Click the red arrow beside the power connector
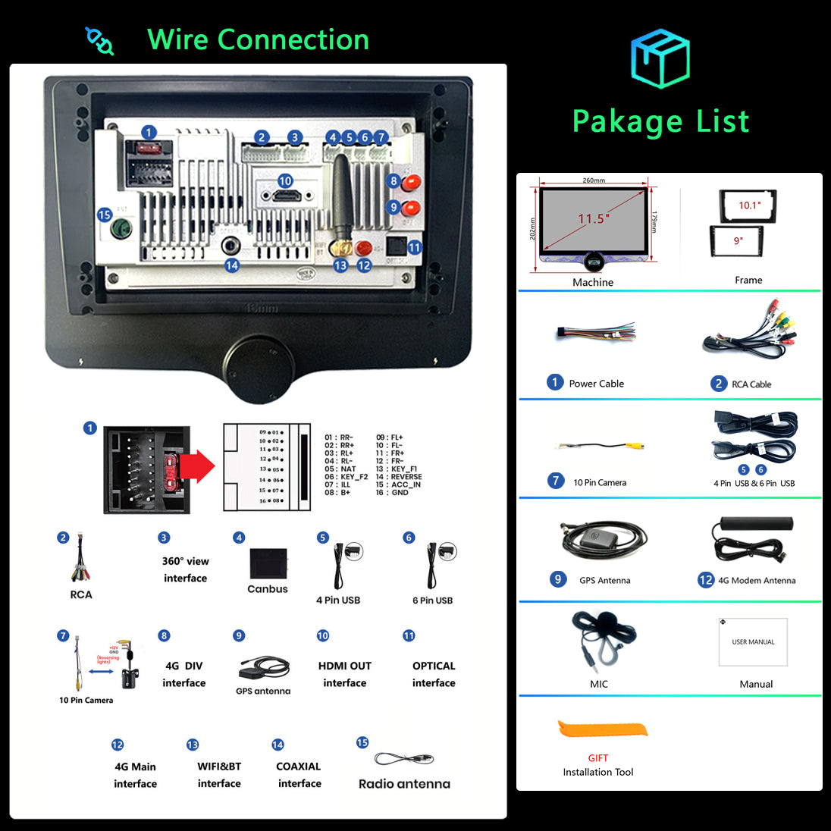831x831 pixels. (198, 466)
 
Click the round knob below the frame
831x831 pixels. (259, 369)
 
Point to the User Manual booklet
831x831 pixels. (753, 641)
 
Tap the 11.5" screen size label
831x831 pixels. (594, 219)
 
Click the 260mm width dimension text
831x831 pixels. (594, 180)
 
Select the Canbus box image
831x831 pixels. (268, 563)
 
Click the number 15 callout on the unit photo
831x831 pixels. (105, 215)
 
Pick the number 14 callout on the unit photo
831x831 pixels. (232, 265)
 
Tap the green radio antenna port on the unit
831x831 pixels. (120, 228)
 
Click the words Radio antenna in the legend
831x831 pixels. (404, 784)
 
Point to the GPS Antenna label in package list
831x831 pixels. (604, 581)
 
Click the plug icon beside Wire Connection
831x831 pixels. (99, 41)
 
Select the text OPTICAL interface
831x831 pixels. (434, 674)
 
